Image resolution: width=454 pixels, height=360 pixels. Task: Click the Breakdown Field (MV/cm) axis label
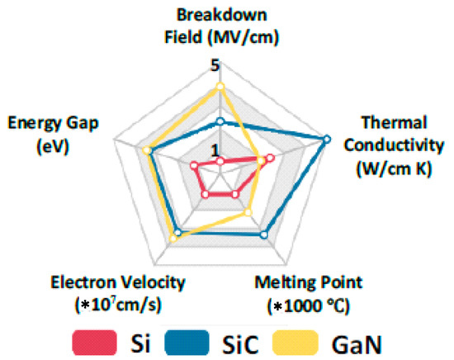pyautogui.click(x=220, y=26)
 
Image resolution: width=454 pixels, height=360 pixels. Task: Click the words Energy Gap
pyautogui.click(x=53, y=124)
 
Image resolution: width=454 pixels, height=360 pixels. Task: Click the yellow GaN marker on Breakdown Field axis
pyautogui.click(x=220, y=85)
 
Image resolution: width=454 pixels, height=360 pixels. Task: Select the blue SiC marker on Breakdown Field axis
pyautogui.click(x=220, y=121)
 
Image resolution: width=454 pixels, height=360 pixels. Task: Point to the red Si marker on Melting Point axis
pyautogui.click(x=235, y=194)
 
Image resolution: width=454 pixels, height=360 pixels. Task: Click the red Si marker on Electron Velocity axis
pyautogui.click(x=206, y=194)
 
